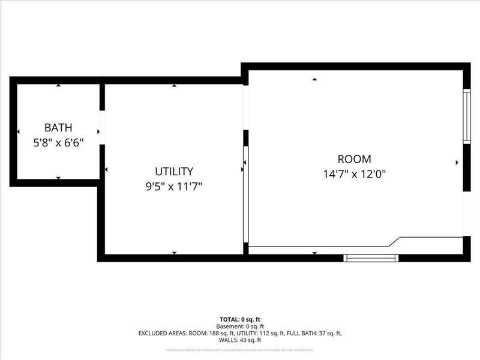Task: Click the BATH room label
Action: click(58, 127)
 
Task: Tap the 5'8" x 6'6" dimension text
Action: click(58, 143)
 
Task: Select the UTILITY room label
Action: click(174, 171)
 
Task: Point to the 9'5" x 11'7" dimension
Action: click(174, 187)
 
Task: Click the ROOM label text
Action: click(354, 159)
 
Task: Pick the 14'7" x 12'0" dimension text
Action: click(354, 175)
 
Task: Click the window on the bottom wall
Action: click(371, 258)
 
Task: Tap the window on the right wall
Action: click(466, 116)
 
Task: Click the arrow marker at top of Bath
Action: click(58, 85)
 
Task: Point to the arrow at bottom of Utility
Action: click(174, 253)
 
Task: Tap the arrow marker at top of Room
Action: click(314, 79)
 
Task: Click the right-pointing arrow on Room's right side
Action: click(457, 162)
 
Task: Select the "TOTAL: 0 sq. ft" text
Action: click(240, 319)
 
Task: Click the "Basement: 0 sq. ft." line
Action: click(240, 326)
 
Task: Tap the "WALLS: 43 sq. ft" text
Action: click(240, 340)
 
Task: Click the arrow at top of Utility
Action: click(174, 85)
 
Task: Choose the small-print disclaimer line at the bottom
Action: click(240, 349)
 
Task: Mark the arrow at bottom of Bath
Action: click(58, 178)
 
